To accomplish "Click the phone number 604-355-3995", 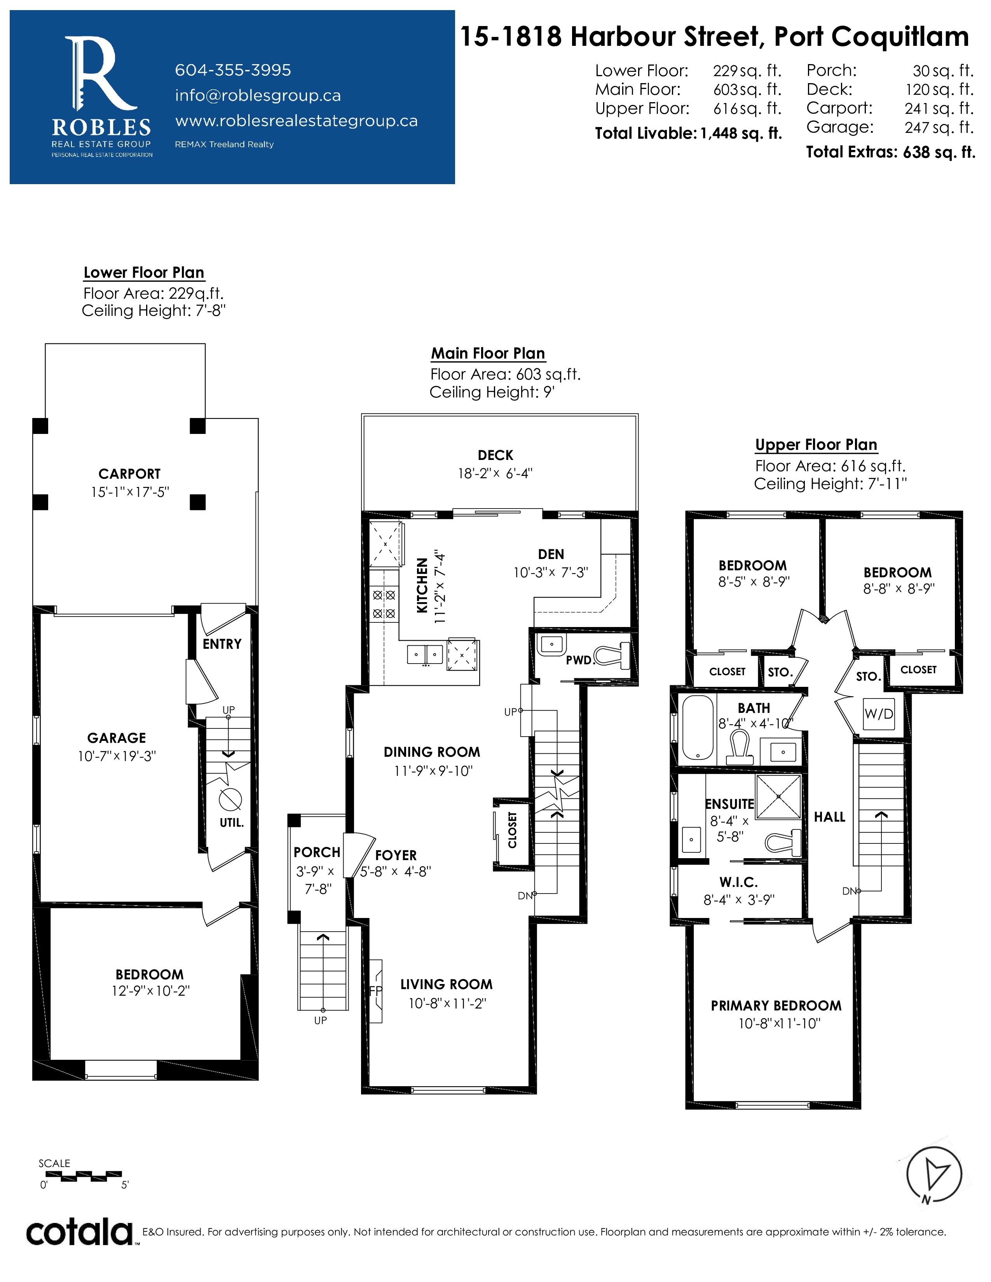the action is point(233,70).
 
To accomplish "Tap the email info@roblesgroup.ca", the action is point(258,96).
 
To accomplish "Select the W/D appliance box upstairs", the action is point(879,714).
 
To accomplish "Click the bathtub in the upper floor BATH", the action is point(698,728).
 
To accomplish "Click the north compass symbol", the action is point(934,1174).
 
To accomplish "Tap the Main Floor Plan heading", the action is point(488,354).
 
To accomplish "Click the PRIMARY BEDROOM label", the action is point(776,1005).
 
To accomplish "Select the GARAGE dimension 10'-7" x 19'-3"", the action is point(117,756).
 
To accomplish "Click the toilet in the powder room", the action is point(613,656).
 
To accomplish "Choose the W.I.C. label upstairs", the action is point(738,882).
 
